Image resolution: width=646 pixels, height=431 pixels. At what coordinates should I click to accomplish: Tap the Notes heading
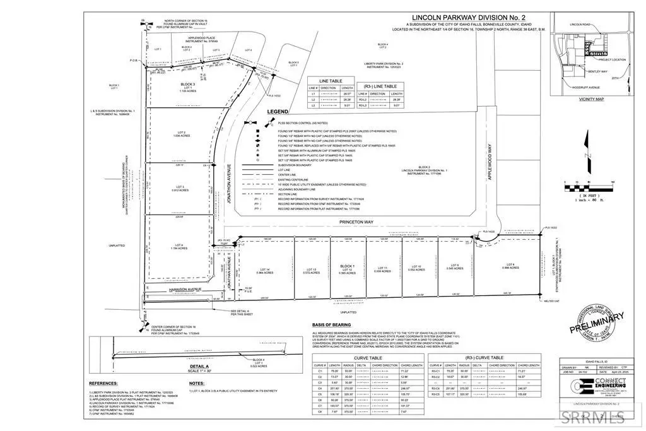(x=197, y=382)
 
